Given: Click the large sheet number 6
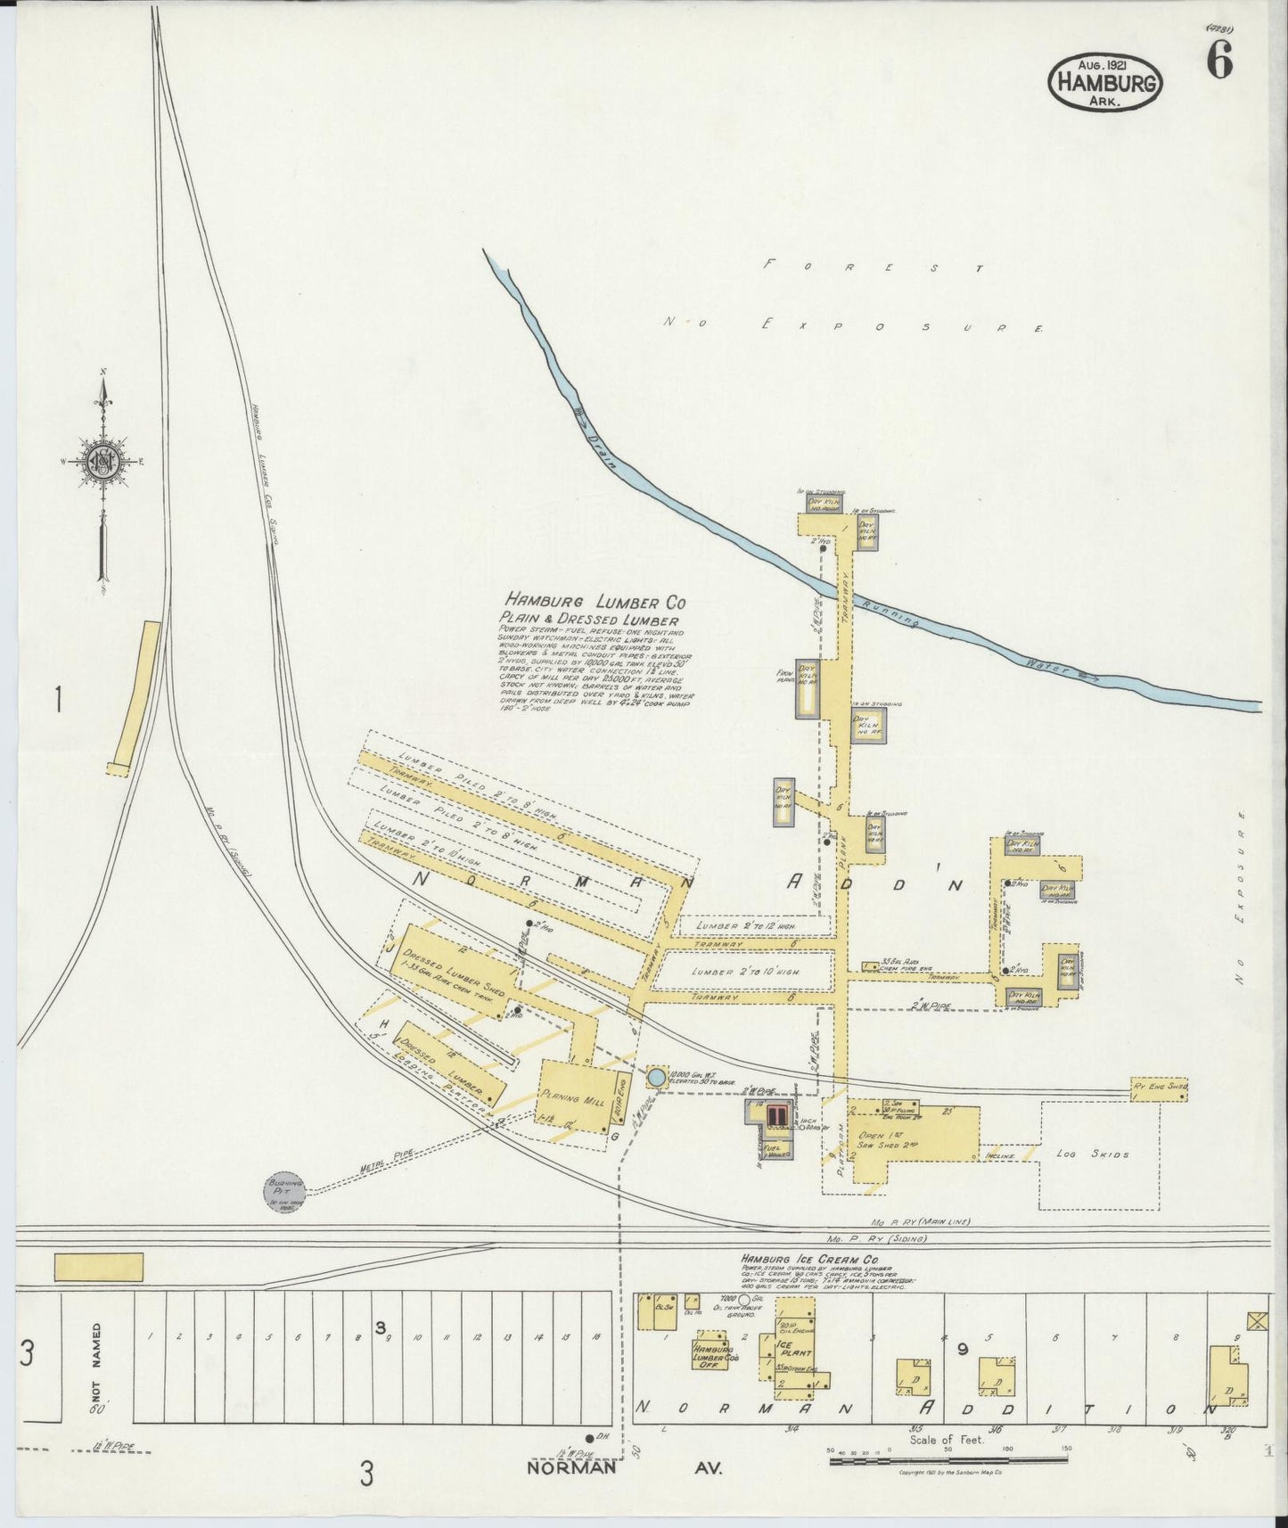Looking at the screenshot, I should click(x=1219, y=62).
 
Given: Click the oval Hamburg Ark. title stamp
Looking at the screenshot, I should click(x=1105, y=82).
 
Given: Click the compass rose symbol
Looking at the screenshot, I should click(x=104, y=461).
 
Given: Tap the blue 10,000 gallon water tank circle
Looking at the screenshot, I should click(x=656, y=1077).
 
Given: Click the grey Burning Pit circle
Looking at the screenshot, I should click(x=283, y=1190).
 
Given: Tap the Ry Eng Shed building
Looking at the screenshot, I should click(x=1159, y=1088).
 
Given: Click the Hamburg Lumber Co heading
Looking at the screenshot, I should click(x=595, y=602).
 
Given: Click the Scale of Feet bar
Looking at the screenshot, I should click(x=948, y=1460).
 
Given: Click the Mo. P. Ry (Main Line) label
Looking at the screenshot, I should click(x=921, y=1222).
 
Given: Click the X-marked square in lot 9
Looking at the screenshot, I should click(x=1257, y=1321).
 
